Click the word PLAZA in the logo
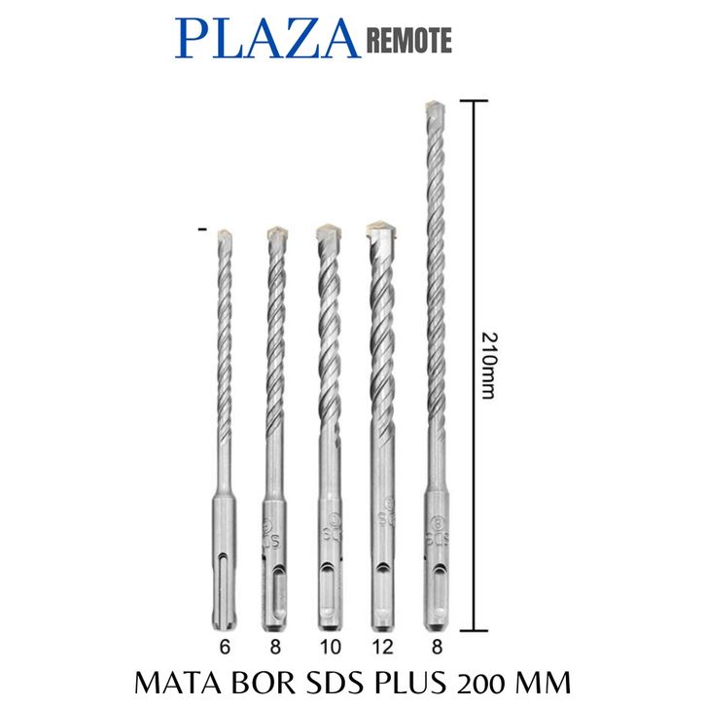pos(267,39)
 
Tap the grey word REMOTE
pos(409,41)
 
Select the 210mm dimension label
pos(488,366)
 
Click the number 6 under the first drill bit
pos(225,647)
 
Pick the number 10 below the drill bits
pos(330,647)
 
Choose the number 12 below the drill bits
pos(383,647)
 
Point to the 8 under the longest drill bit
pos(437,647)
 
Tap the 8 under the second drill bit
pos(275,647)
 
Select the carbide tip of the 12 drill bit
pos(382,231)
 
